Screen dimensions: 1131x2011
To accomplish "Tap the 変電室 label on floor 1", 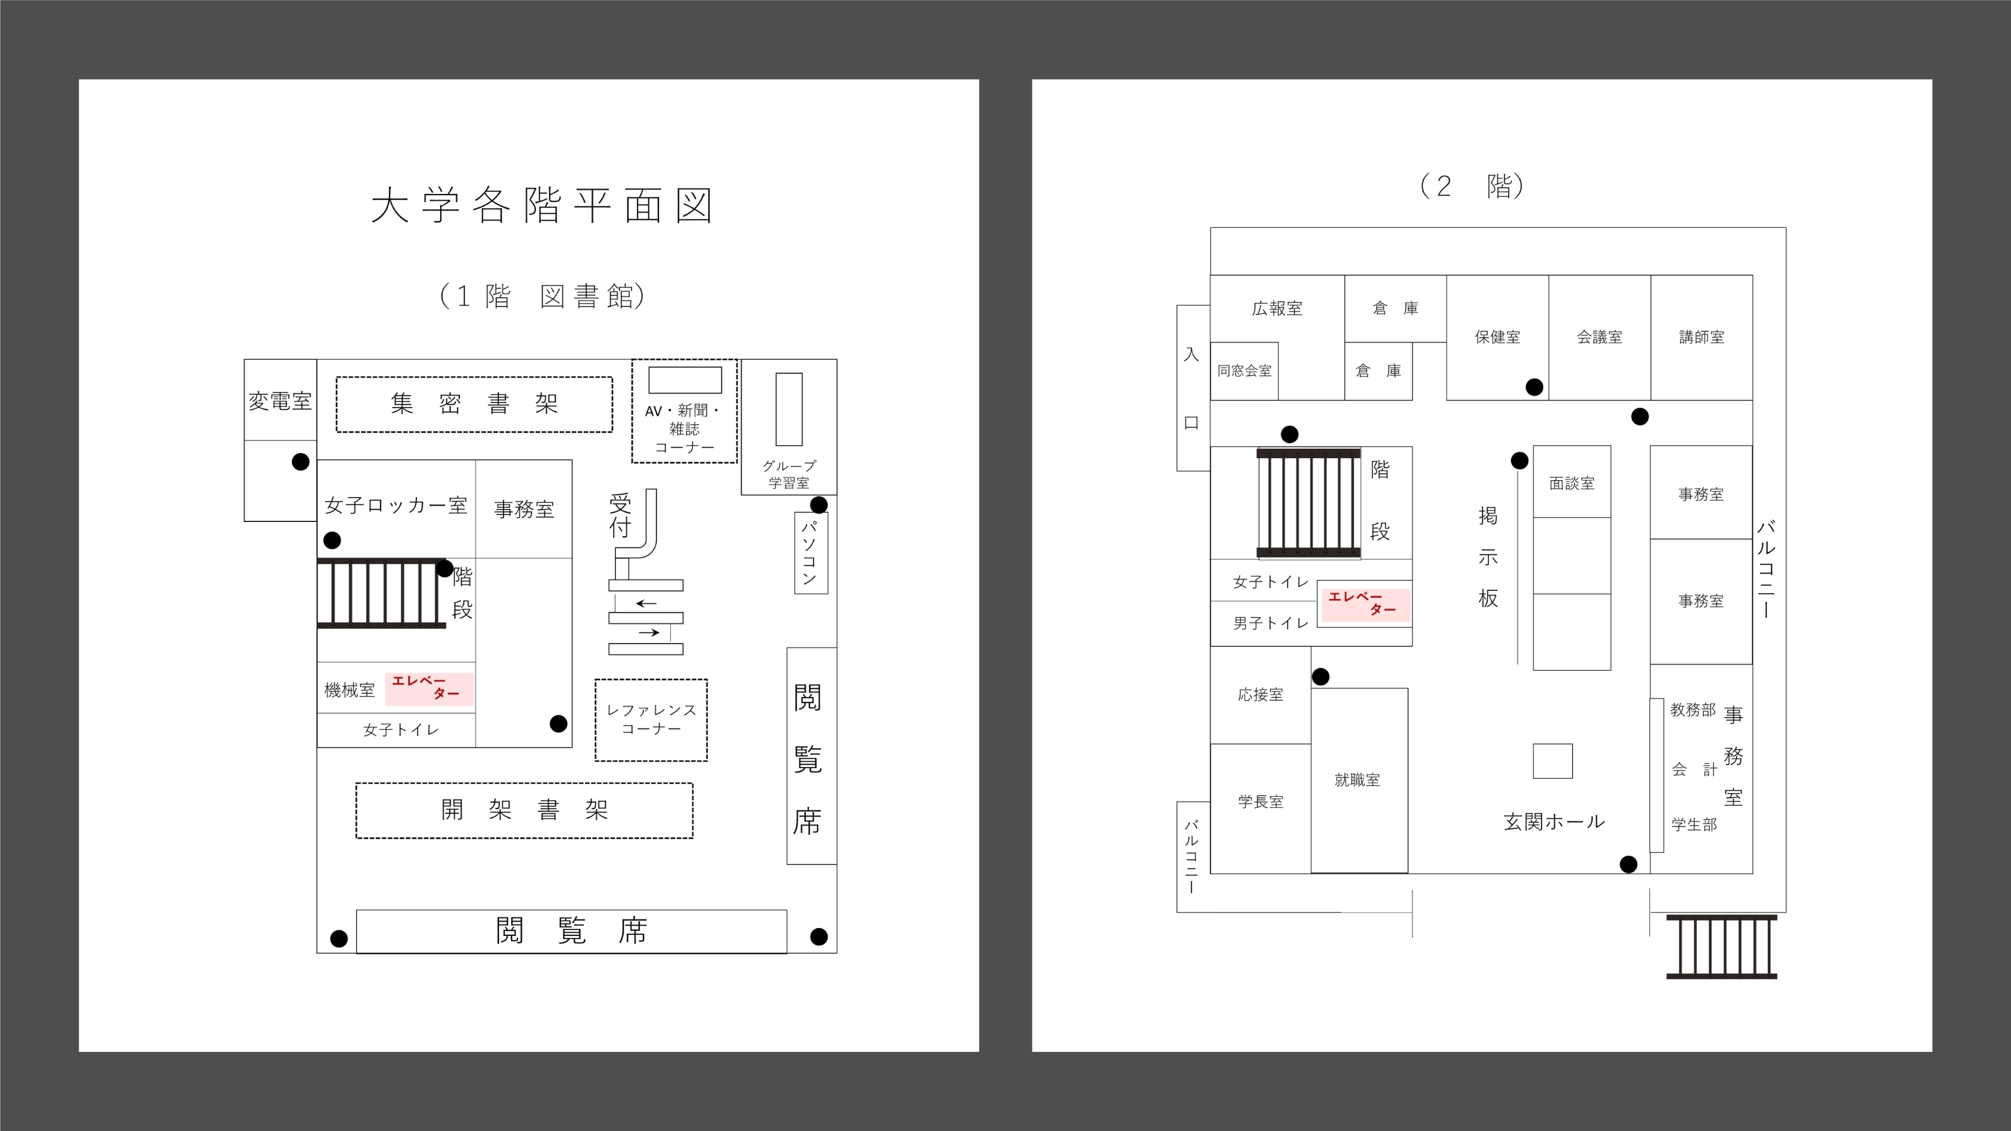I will [280, 401].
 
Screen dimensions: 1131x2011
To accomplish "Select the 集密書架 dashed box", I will [474, 404].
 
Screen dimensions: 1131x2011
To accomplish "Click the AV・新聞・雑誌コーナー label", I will [684, 429].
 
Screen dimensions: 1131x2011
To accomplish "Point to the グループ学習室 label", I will [789, 474].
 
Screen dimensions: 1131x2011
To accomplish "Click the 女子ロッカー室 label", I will [396, 506].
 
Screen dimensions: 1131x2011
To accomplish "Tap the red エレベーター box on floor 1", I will [429, 688].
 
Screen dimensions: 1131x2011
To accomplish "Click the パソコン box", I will [810, 552].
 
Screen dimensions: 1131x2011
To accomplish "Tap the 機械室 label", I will [349, 690].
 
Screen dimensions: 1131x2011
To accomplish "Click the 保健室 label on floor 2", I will [1497, 337].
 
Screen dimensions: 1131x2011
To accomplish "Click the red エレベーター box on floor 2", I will [1364, 603].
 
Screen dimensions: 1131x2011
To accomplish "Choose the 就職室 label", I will [1357, 780].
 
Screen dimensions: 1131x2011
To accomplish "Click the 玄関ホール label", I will [1553, 822].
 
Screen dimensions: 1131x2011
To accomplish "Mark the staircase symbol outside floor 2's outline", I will [1721, 947].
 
